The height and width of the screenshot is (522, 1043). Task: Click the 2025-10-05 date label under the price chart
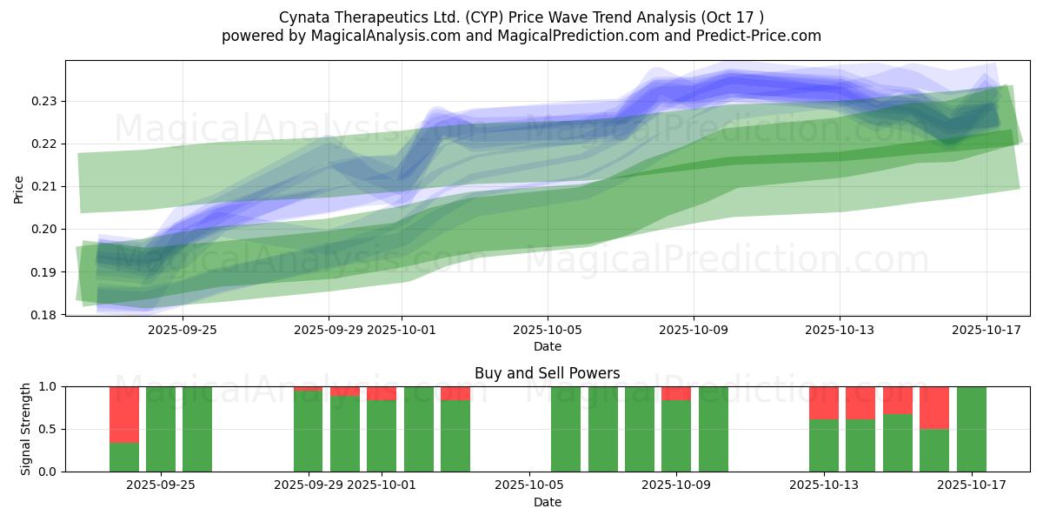point(548,331)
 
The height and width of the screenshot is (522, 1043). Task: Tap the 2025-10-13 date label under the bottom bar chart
point(823,485)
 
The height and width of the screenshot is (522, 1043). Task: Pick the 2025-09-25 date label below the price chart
point(183,331)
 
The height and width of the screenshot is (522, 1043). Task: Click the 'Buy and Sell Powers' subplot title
point(547,374)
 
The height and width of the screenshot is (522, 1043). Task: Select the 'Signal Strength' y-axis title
point(26,429)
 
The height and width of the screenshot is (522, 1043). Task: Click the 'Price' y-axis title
point(19,189)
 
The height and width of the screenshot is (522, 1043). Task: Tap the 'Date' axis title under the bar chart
point(547,502)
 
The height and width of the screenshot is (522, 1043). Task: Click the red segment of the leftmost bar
point(124,414)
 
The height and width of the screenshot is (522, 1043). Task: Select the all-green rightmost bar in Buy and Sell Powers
point(971,429)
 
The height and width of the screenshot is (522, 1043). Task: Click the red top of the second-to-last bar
point(934,407)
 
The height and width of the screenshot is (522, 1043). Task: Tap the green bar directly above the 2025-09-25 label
point(161,429)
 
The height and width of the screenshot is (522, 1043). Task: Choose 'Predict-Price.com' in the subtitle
point(761,36)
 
